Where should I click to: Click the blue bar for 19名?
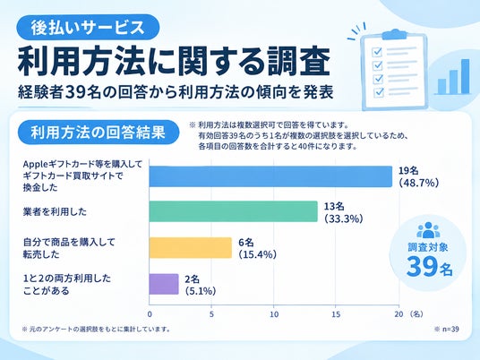(270, 176)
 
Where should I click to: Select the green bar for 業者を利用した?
(233, 211)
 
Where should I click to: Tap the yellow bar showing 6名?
(191, 248)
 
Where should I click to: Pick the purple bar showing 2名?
(164, 284)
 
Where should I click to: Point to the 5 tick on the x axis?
(211, 314)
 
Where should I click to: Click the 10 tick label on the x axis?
(274, 314)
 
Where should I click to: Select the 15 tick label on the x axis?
(336, 314)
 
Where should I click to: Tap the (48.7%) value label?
(419, 183)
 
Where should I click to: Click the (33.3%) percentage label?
(344, 219)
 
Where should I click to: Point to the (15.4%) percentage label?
(257, 254)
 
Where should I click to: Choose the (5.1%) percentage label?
(201, 291)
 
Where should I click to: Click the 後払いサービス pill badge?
(88, 27)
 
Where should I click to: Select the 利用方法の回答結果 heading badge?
(99, 133)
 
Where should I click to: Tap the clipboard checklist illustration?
(394, 70)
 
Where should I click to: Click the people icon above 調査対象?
(428, 230)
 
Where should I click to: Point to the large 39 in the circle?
(422, 267)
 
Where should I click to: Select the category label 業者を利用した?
(56, 211)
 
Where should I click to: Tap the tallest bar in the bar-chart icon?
(465, 76)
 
